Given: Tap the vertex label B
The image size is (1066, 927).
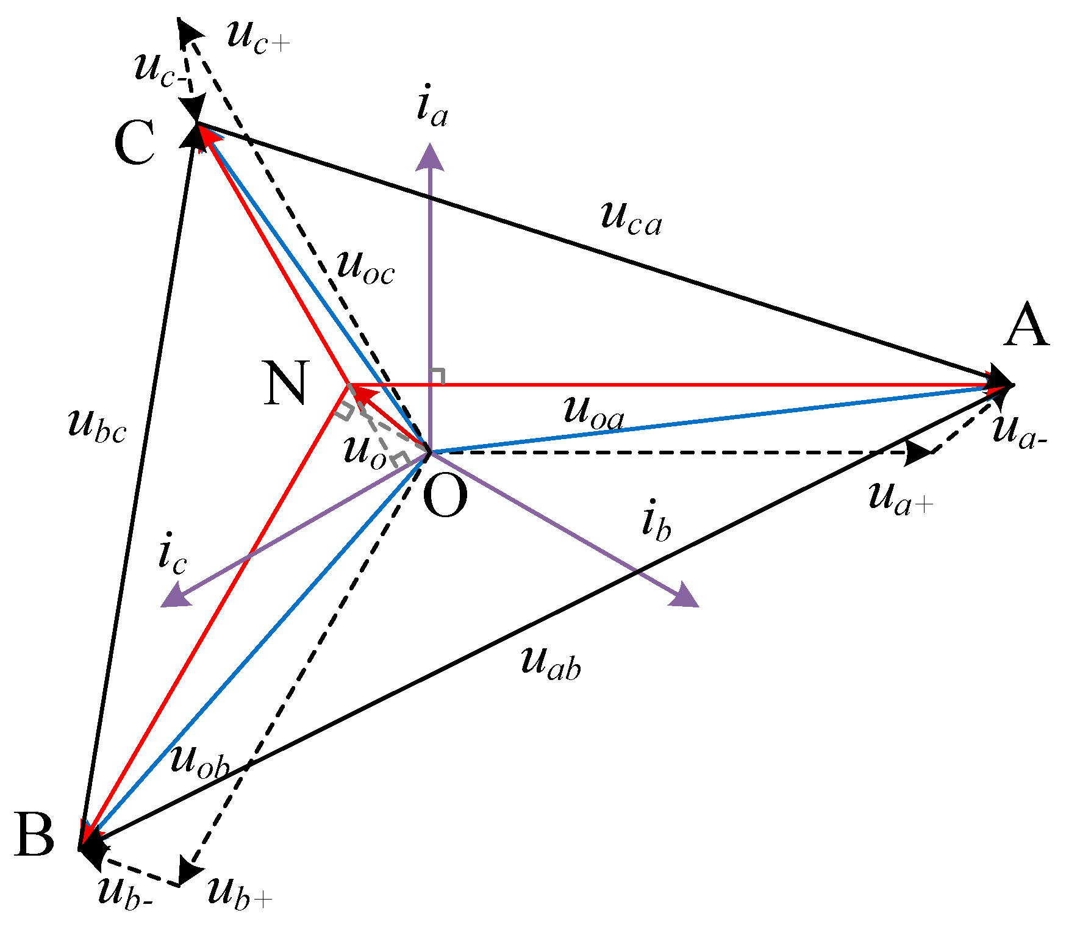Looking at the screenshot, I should pyautogui.click(x=35, y=836).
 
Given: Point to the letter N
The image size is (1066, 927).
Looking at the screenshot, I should pyautogui.click(x=285, y=384).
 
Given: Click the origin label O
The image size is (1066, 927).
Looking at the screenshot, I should pyautogui.click(x=445, y=497).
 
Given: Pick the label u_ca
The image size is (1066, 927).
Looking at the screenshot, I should pyautogui.click(x=631, y=217).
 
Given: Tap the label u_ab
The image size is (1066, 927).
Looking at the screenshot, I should pyautogui.click(x=551, y=663).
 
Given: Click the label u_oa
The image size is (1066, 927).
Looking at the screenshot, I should pyautogui.click(x=593, y=412).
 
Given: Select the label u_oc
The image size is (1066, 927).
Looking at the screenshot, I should pyautogui.click(x=366, y=268).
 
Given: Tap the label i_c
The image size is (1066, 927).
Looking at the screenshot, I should pyautogui.click(x=172, y=556).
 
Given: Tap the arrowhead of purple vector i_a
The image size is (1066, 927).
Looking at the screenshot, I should pyautogui.click(x=431, y=156).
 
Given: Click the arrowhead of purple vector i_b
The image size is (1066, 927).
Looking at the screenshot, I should pyautogui.click(x=685, y=596).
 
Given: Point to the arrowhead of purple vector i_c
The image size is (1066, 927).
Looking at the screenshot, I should pyautogui.click(x=173, y=596).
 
